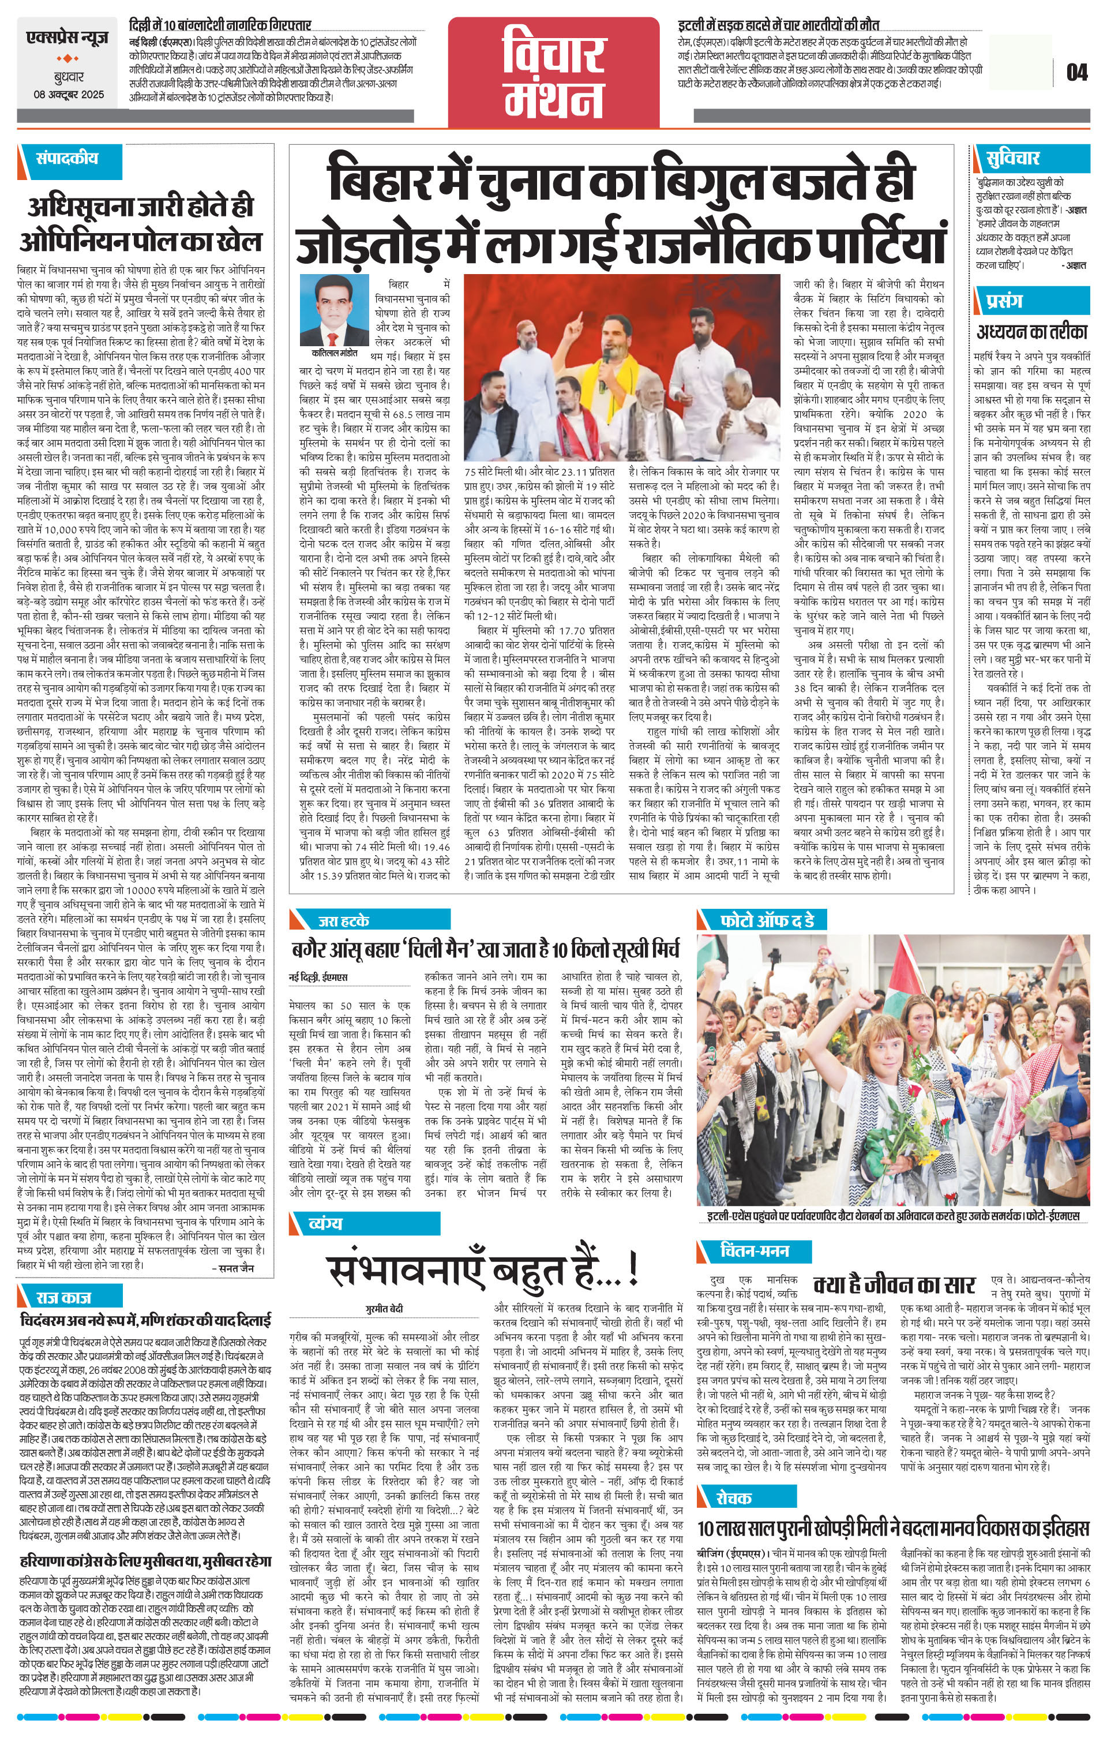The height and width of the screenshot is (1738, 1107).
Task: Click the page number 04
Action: [1076, 72]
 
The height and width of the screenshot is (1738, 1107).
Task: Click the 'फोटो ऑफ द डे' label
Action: [767, 921]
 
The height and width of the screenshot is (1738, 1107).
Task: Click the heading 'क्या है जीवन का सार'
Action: [894, 1284]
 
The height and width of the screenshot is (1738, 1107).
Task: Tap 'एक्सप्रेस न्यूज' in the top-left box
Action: [68, 36]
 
